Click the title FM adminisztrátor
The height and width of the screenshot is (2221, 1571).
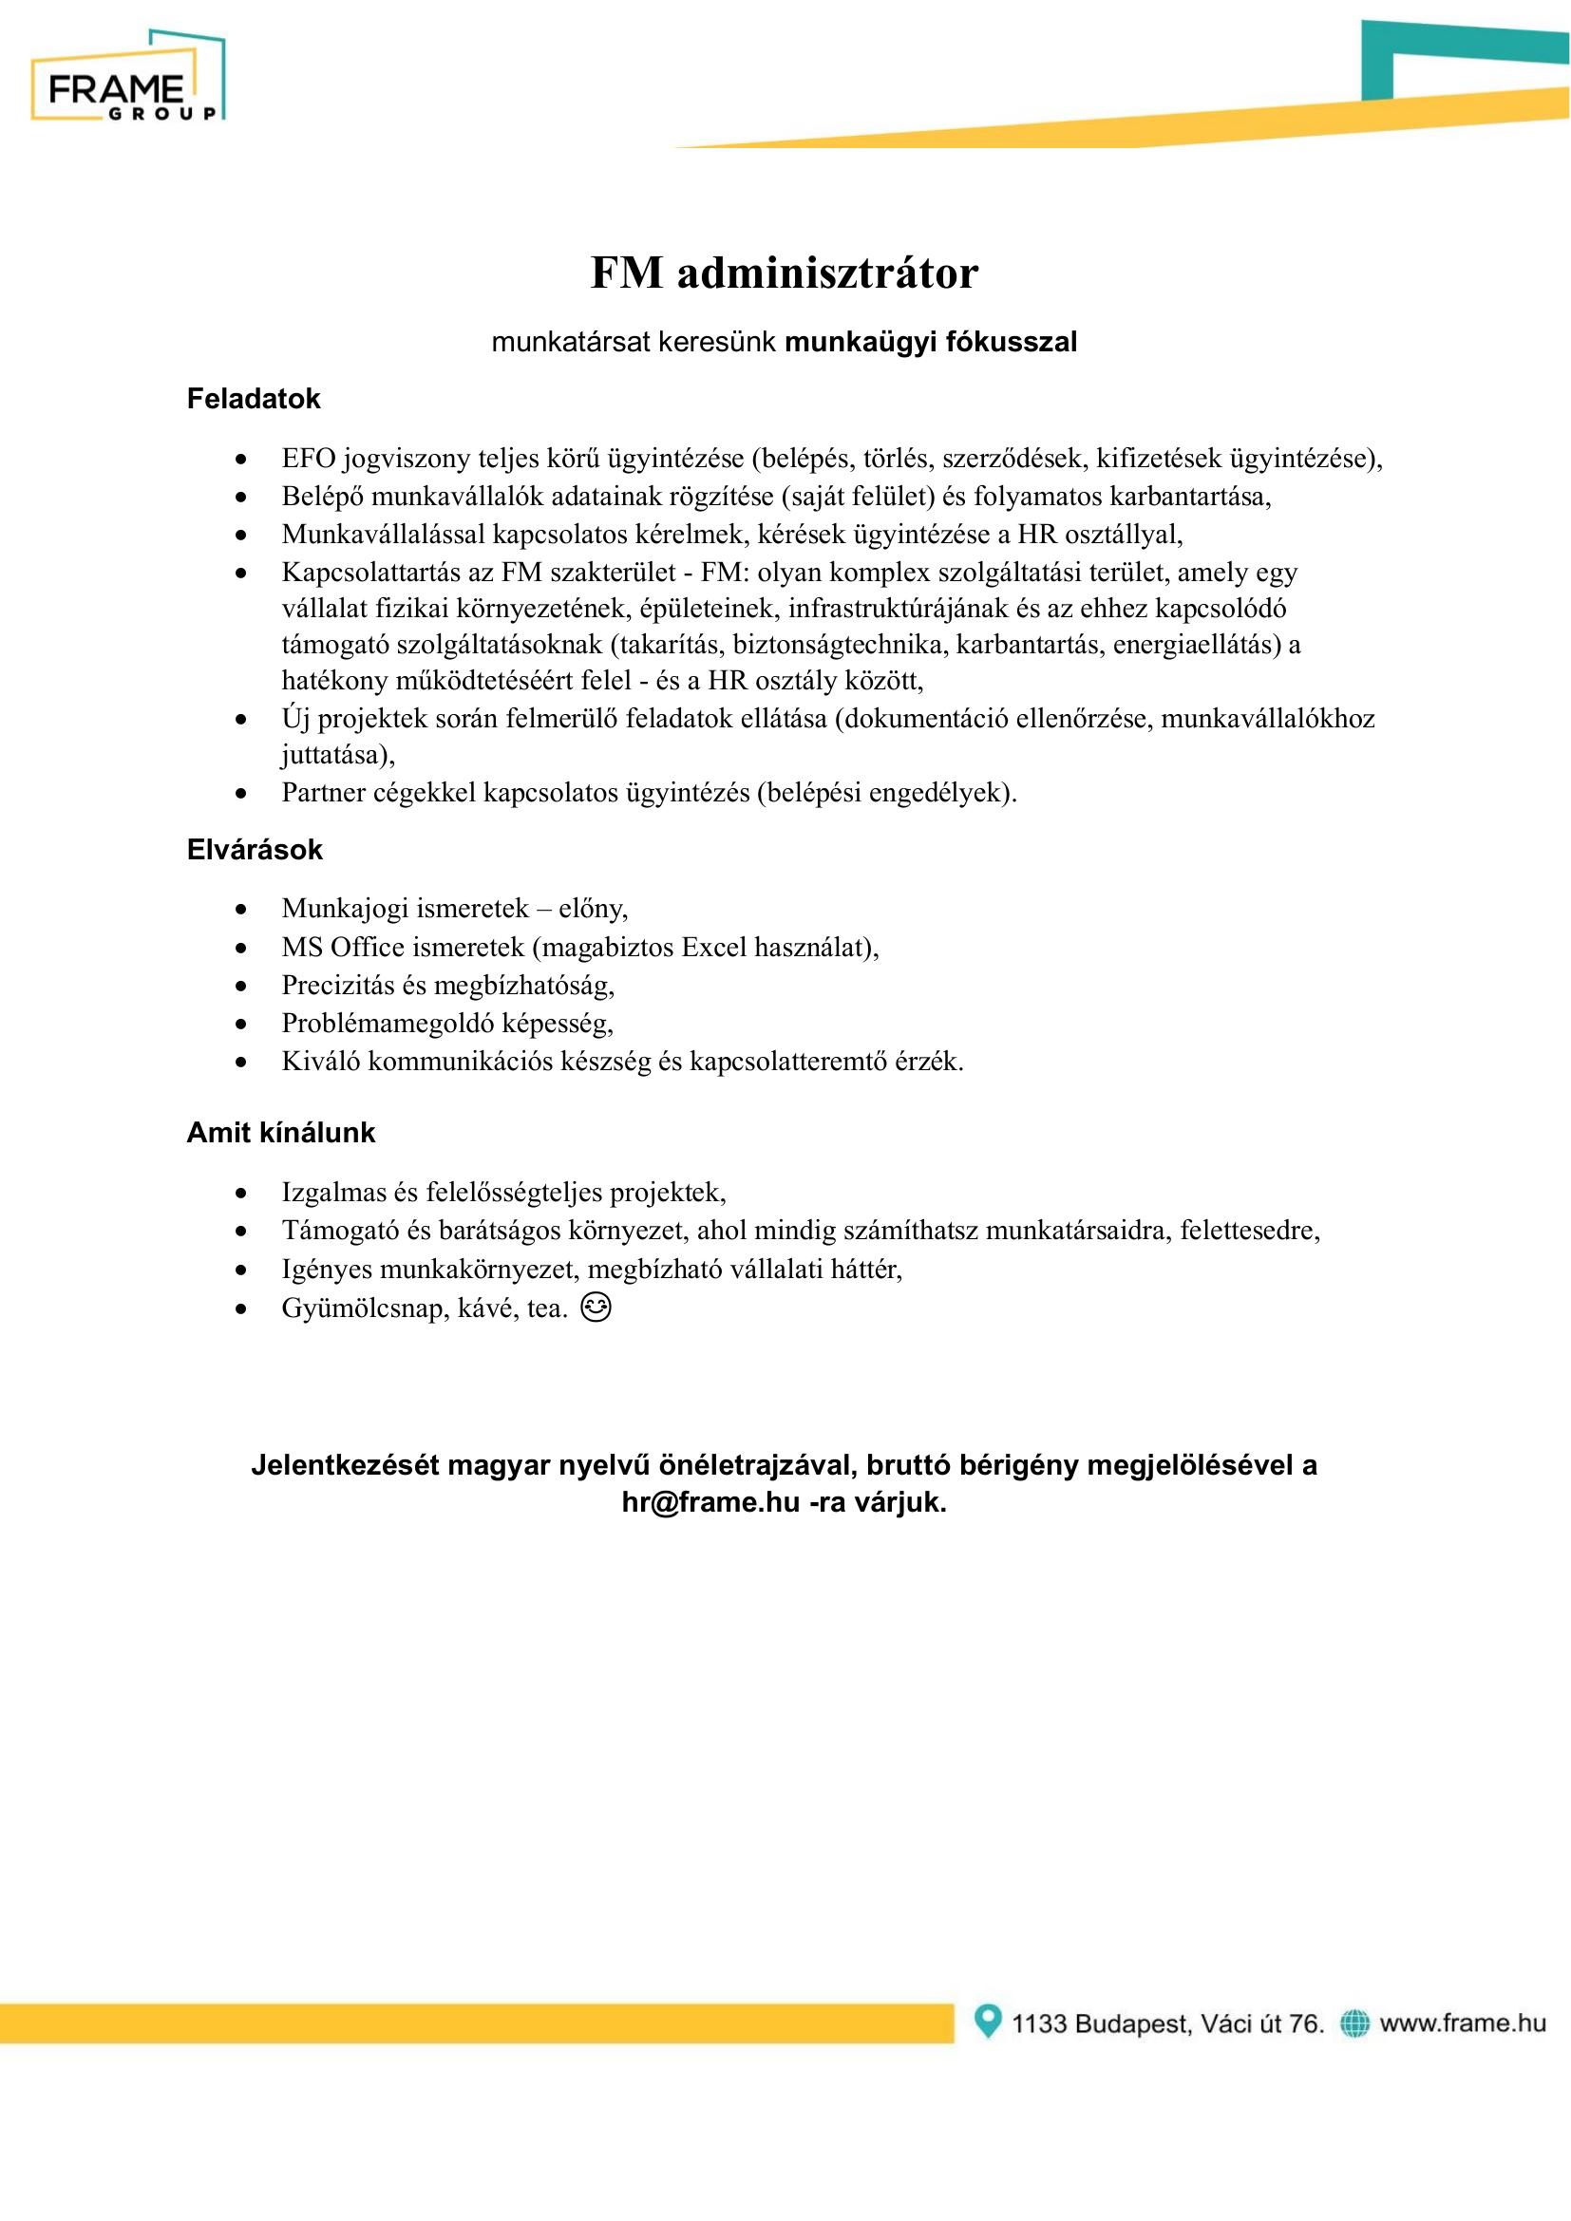click(785, 273)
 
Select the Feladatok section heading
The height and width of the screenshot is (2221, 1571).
click(254, 399)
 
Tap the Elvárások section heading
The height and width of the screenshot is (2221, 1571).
click(255, 849)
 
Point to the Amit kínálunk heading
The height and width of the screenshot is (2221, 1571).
click(280, 1132)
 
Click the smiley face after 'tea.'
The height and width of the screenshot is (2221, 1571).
click(596, 1307)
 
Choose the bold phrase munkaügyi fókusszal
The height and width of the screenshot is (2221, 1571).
click(931, 342)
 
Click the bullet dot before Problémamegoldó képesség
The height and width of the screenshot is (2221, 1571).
click(241, 1024)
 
